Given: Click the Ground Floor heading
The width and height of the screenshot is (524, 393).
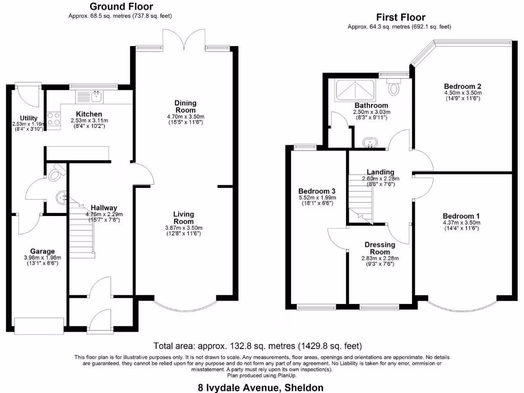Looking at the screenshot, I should tap(121, 7).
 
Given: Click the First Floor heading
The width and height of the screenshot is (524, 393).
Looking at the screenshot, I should tap(401, 17).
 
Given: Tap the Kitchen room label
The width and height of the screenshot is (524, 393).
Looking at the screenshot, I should tap(89, 114).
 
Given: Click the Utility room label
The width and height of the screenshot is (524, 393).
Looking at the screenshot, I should tap(29, 118).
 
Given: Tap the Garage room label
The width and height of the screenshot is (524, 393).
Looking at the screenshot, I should tap(42, 251).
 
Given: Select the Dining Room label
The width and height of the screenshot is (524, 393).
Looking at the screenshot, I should tap(185, 106).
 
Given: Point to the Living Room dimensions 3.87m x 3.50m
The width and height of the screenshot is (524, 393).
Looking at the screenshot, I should tap(184, 228).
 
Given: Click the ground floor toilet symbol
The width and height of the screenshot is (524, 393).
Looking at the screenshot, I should tap(55, 173).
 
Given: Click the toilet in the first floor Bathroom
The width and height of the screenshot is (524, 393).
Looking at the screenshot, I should tap(394, 87).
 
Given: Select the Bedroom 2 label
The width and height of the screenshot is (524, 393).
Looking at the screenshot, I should tap(462, 86).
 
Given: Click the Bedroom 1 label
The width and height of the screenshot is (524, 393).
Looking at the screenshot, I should tap(461, 215).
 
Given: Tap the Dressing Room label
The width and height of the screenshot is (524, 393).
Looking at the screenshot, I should tap(380, 248).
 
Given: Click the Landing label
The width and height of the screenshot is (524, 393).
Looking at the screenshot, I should tap(380, 172).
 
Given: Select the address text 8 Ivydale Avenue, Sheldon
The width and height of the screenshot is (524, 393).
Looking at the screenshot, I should tap(260, 387).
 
